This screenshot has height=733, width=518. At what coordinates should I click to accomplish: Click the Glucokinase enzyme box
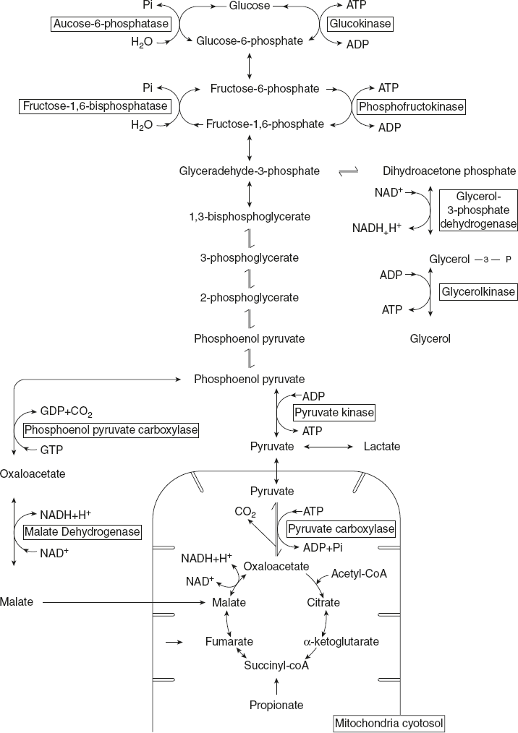[360, 24]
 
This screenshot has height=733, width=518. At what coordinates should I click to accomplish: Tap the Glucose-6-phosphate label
[250, 41]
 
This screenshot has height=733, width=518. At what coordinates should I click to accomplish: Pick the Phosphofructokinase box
[411, 106]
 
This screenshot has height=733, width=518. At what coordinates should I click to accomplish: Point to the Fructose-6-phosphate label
[265, 88]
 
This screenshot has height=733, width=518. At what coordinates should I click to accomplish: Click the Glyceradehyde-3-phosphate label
[250, 171]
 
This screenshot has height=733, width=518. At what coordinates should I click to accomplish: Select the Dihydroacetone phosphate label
[449, 171]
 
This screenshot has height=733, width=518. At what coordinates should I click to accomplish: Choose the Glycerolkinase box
[478, 292]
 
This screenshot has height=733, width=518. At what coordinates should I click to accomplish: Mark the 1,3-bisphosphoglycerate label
[250, 215]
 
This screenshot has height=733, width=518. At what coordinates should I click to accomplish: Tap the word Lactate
[381, 447]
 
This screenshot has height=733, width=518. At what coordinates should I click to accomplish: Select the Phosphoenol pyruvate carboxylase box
[111, 430]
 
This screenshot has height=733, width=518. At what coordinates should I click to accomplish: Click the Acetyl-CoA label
[360, 574]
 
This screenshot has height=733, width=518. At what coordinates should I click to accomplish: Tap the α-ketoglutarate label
[340, 641]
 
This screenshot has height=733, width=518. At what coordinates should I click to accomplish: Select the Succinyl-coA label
[276, 665]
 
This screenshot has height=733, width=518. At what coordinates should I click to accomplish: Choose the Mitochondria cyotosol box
[388, 722]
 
